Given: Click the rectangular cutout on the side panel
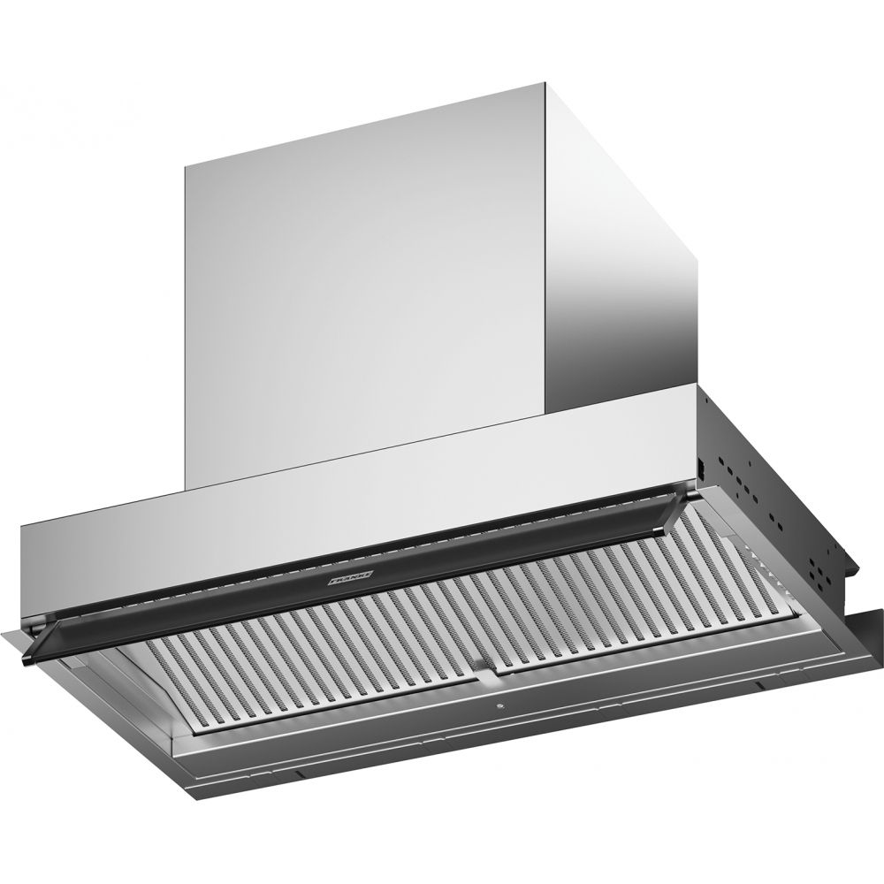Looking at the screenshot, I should pos(698,465).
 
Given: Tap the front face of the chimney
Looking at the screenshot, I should pos(362,283).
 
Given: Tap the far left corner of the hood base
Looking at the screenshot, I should pos(7,629).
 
